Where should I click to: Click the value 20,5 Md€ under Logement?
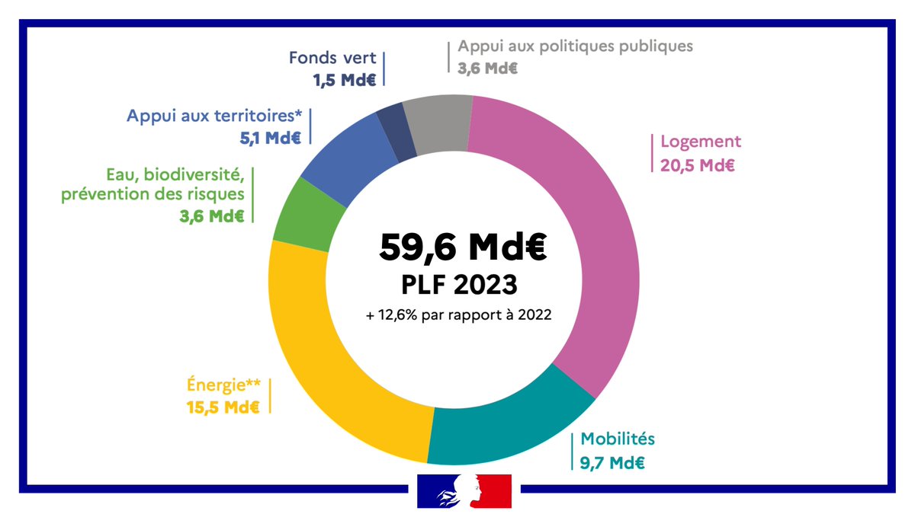point(698,164)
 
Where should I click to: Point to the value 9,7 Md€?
point(612,461)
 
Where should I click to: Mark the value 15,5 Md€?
point(223,407)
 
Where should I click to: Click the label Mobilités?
point(618,439)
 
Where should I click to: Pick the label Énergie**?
point(223,385)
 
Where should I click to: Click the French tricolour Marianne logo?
point(464,490)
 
